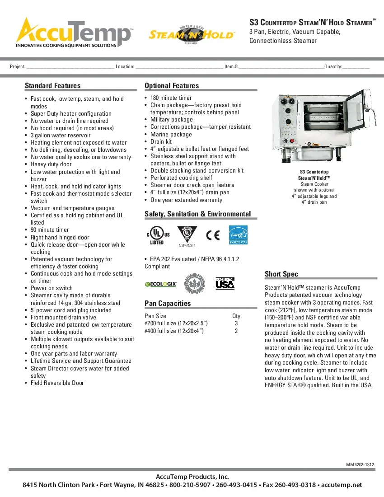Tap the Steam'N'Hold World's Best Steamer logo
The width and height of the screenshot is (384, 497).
point(192,35)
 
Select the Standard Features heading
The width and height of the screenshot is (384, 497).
point(53,86)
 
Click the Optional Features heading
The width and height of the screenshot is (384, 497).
point(172,86)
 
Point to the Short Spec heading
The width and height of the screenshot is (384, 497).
point(281,274)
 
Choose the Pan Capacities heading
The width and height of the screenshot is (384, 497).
point(168,303)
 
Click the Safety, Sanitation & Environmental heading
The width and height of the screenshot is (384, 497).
point(197,214)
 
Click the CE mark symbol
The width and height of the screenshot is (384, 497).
point(212,235)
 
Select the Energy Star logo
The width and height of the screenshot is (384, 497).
point(238,235)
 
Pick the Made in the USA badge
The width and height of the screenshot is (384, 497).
point(225,283)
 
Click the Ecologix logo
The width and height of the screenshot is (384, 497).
point(161,284)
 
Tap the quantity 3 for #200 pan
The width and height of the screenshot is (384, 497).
point(236,324)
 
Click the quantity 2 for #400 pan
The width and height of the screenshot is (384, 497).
point(236,331)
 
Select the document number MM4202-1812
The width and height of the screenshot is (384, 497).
point(360,465)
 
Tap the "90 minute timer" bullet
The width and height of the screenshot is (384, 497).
point(50,230)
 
